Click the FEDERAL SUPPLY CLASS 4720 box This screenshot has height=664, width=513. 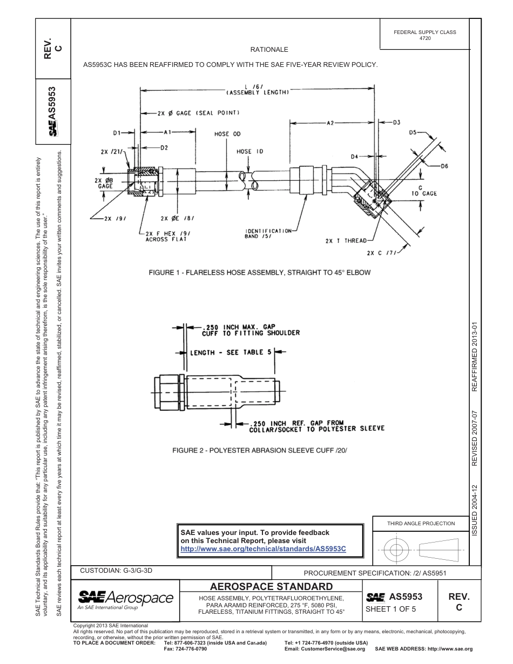[424, 35]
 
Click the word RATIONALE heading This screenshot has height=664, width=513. [269, 50]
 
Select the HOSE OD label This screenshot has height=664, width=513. [227, 133]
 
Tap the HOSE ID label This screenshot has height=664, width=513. [249, 152]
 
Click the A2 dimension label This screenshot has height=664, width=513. [330, 123]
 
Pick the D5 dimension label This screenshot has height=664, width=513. [413, 132]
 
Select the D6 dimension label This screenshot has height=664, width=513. [444, 166]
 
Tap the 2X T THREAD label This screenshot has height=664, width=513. [346, 241]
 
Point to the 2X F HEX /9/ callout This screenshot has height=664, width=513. [168, 236]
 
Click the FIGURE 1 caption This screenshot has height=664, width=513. [260, 273]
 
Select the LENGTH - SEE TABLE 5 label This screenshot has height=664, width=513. [230, 353]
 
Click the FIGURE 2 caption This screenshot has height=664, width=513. [259, 450]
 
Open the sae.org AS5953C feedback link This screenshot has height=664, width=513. [263, 548]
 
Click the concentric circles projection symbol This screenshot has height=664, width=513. [396, 551]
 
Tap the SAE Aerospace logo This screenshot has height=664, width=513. [125, 599]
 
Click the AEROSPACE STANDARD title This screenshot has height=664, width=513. [271, 586]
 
